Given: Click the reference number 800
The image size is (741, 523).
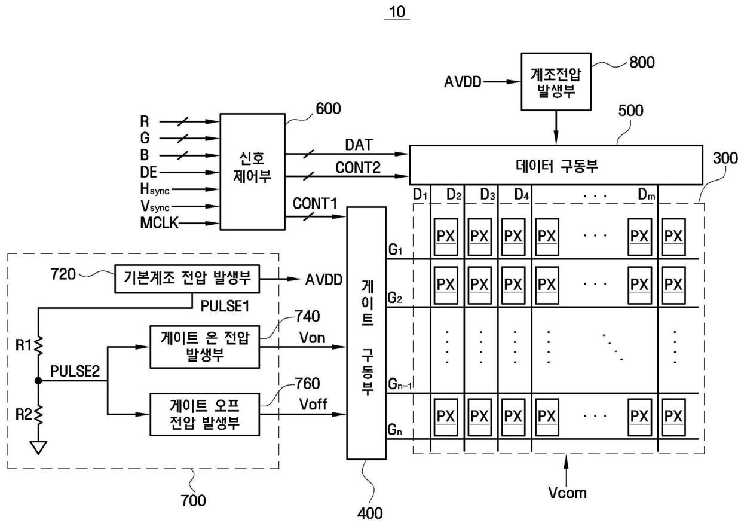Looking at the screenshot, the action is (x=642, y=62).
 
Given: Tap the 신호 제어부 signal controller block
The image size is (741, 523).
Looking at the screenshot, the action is (x=252, y=172).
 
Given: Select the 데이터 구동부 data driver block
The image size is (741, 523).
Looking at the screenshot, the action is (x=556, y=165).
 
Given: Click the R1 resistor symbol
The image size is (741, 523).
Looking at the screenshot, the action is (x=38, y=345).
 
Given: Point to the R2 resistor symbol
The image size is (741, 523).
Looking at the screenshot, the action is (x=38, y=414).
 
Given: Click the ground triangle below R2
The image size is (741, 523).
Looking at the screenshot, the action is (x=38, y=447).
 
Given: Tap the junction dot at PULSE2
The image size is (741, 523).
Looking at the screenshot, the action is (x=38, y=381).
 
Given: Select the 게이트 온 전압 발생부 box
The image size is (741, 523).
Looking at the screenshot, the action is (x=205, y=347).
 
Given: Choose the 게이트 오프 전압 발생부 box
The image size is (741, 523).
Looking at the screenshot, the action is (x=205, y=414).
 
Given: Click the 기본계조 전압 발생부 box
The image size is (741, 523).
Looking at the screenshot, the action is (x=187, y=279).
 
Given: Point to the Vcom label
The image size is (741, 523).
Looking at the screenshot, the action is (x=567, y=493).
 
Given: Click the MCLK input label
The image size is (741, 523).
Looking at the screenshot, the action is (x=159, y=222).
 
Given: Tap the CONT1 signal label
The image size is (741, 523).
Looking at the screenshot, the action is (x=314, y=203).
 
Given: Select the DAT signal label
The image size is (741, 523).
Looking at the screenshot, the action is (x=359, y=145).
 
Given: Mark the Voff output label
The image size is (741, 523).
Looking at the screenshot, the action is (x=313, y=404).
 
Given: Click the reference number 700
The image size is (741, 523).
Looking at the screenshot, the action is (x=193, y=500).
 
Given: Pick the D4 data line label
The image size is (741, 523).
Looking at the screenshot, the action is (x=521, y=194).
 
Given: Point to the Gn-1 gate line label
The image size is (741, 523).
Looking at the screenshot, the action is (x=400, y=384).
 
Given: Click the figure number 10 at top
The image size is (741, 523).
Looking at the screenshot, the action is (x=397, y=12).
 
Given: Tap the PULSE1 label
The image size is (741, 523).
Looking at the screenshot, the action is (x=225, y=306).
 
